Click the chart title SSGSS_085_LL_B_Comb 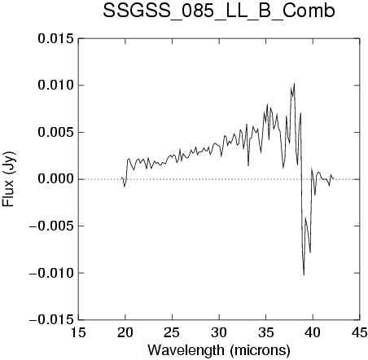[219, 11]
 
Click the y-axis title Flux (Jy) [9, 179]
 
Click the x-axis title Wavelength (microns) [219, 350]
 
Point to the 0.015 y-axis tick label [55, 39]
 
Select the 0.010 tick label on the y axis [55, 86]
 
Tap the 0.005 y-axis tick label [55, 133]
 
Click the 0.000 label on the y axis [55, 179]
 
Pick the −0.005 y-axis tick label [51, 226]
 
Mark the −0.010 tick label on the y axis [51, 273]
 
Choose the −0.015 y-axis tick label [51, 320]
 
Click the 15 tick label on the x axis [78, 332]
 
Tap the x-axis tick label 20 [125, 332]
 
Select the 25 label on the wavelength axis [172, 332]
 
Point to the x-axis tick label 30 [219, 332]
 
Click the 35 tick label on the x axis [266, 332]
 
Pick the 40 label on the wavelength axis [313, 332]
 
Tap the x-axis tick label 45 [360, 332]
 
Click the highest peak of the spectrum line [294, 84]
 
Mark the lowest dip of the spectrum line [304, 274]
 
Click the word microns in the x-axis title [260, 350]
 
